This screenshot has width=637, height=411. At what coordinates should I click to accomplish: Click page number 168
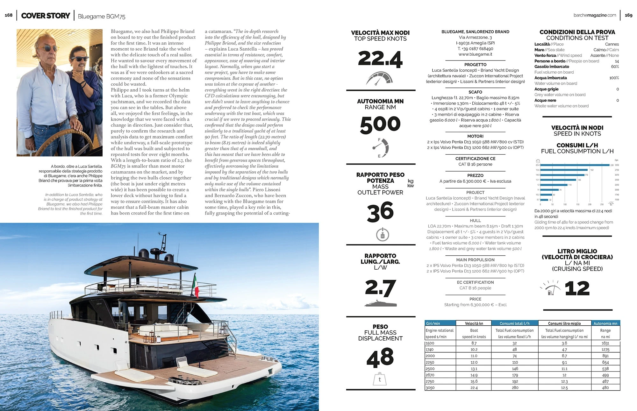pos(9,15)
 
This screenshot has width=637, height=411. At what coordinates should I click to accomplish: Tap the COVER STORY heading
pos(46,16)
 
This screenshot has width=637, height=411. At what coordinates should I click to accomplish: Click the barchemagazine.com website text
pos(595,15)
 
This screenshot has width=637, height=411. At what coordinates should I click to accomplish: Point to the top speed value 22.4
pos(380,59)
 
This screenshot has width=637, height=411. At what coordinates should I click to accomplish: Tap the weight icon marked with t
pos(380,379)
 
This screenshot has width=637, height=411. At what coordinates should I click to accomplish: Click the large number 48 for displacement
pos(380,357)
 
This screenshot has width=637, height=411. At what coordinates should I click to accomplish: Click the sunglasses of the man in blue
pos(80,59)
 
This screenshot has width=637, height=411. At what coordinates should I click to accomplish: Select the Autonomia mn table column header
pos(605,323)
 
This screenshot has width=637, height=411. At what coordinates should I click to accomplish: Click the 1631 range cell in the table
pos(605,343)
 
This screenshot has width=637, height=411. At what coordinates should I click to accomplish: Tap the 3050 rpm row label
pos(430,388)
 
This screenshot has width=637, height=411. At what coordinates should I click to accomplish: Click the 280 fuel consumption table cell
pos(515,388)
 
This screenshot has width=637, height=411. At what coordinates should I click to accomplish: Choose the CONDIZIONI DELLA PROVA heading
pos(577,32)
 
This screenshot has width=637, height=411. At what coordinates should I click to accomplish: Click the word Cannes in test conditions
pos(612,44)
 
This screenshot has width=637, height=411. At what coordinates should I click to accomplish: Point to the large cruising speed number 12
pos(577,288)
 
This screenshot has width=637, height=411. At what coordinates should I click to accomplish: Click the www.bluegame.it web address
pos(475,54)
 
